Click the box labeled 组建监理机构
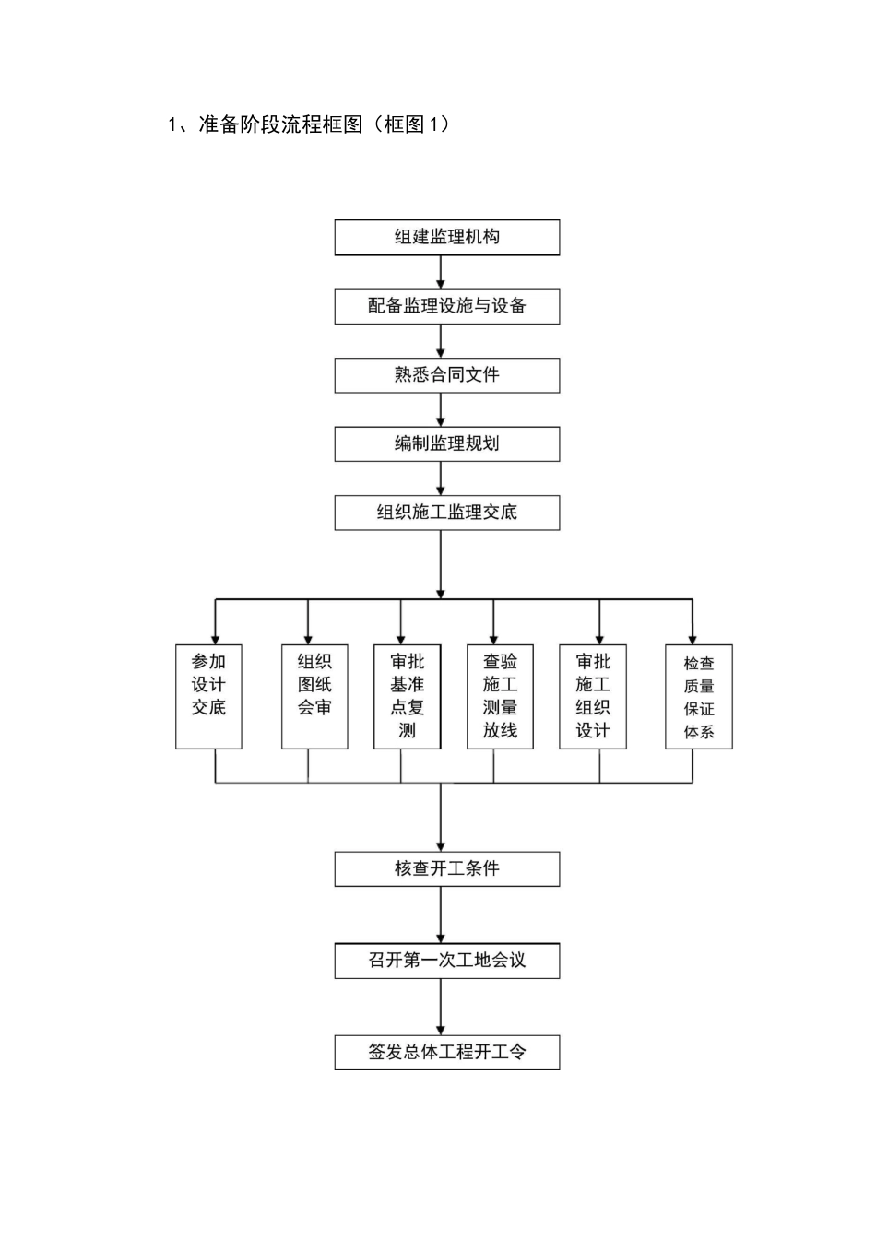pos(446,237)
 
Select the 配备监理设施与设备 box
pos(446,306)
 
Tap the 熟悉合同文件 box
pos(446,375)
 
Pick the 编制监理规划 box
pos(446,443)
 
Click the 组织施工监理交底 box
pos(446,513)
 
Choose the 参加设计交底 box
pos(208,696)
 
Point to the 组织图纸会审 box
pos(314,696)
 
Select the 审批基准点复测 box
pos(407,696)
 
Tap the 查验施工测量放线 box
pos(500,696)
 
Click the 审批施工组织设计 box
pos(593,696)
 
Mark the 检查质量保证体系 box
pos(699,696)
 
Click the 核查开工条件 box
pos(446,868)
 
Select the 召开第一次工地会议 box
pos(446,961)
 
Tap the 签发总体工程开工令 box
pos(446,1052)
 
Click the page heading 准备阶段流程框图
pos(309,124)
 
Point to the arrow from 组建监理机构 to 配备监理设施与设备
pos(441,272)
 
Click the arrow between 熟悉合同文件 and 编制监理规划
pos(441,409)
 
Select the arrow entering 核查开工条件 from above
pos(441,820)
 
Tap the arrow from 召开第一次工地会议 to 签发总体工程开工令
pos(441,1007)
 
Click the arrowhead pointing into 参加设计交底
pos(216,637)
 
